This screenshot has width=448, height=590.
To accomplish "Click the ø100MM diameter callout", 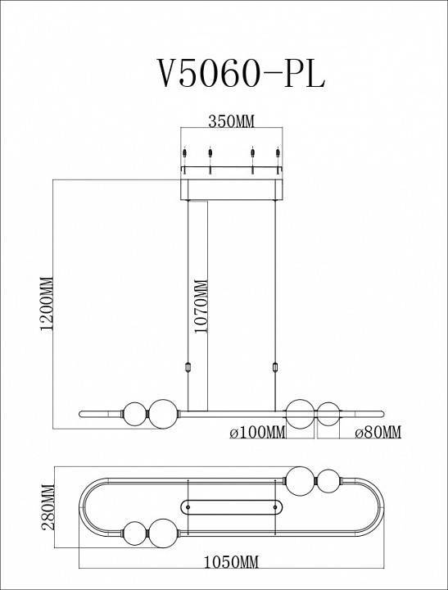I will (x=256, y=432).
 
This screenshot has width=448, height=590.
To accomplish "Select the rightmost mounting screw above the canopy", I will (x=278, y=154).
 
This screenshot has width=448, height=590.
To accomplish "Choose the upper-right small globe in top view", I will (x=328, y=480).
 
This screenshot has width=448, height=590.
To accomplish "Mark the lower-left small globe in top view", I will (x=134, y=533).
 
